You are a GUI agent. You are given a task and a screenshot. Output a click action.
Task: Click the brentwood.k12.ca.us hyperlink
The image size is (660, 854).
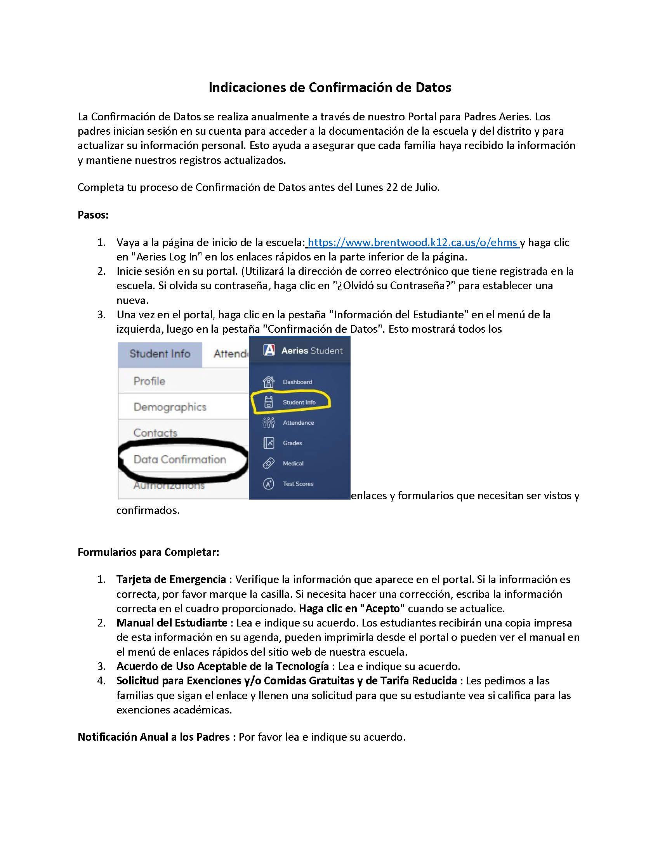click(412, 243)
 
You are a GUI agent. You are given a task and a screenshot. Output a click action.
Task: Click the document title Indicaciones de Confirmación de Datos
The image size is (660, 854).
click(330, 87)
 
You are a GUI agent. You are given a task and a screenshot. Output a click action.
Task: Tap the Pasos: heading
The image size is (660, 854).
click(93, 215)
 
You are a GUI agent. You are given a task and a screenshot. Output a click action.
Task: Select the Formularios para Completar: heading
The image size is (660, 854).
click(148, 552)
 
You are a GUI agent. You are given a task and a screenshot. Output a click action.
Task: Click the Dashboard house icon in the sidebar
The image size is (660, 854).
click(269, 381)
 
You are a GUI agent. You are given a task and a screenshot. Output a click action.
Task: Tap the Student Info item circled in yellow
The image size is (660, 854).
click(299, 402)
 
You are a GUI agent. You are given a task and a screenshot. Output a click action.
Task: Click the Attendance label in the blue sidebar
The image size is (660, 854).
click(298, 422)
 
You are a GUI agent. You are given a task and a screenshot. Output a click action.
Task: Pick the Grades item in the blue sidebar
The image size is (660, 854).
click(292, 443)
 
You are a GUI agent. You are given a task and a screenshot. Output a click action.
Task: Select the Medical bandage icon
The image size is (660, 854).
click(269, 463)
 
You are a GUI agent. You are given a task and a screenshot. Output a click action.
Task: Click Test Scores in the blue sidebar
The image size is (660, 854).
click(298, 484)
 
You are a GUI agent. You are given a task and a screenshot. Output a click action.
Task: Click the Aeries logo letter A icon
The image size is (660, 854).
click(269, 350)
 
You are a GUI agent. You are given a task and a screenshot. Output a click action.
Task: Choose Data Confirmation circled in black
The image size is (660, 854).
click(179, 459)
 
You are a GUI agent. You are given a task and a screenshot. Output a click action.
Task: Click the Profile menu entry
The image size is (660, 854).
click(149, 381)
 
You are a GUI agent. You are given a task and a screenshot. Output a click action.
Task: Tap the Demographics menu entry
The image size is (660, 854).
click(170, 407)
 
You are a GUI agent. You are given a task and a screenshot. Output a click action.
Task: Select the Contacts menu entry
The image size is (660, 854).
click(155, 432)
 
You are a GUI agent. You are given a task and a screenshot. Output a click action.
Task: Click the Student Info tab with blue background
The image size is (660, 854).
click(160, 354)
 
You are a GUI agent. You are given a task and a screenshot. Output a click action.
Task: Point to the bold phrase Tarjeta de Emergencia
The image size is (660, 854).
click(171, 579)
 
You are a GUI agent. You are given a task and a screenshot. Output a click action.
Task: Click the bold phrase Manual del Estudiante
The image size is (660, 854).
click(172, 623)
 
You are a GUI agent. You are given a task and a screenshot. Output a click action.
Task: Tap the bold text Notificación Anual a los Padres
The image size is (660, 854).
click(153, 737)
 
